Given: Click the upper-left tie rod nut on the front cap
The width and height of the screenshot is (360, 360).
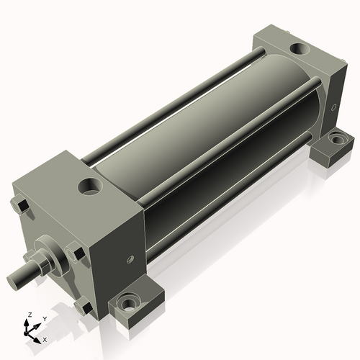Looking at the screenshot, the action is pyautogui.click(x=20, y=206).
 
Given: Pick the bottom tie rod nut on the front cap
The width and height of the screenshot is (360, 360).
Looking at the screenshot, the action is pyautogui.click(x=84, y=305).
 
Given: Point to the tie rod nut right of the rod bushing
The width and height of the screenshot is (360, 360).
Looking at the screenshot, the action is pyautogui.click(x=76, y=251).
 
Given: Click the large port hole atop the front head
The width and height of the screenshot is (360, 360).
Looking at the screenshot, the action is pyautogui.click(x=90, y=186).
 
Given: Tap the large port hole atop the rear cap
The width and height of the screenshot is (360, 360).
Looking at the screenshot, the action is pyautogui.click(x=300, y=49).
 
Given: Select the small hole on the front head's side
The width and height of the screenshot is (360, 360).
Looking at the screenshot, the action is pyautogui.click(x=130, y=259).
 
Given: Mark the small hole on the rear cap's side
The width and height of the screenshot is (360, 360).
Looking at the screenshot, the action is pyautogui.click(x=333, y=107).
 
